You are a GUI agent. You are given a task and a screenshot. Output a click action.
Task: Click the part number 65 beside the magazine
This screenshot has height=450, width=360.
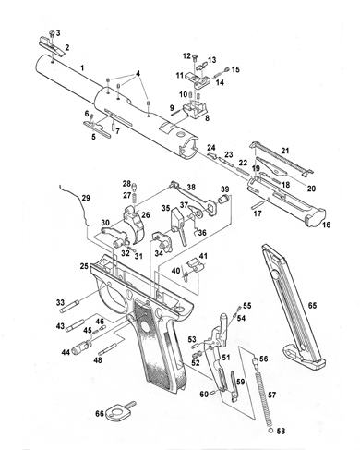pyautogui.click(x=312, y=305)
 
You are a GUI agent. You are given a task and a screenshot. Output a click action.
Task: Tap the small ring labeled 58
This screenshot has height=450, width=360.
pyautogui.click(x=270, y=431)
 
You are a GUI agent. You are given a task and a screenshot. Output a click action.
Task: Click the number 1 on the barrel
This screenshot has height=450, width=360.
pyautogui.click(x=82, y=67)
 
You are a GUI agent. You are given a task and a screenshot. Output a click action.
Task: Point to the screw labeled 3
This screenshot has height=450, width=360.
pyautogui.click(x=52, y=33)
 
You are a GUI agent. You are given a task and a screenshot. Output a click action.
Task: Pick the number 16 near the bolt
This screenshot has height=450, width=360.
pyautogui.click(x=326, y=225)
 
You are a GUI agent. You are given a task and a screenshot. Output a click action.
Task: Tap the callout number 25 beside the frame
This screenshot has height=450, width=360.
pyautogui.click(x=85, y=266)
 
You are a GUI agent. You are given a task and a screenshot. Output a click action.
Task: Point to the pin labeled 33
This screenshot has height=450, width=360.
pyautogui.click(x=71, y=305)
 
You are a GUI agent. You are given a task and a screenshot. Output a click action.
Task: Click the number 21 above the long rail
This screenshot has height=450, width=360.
pyautogui.click(x=285, y=151)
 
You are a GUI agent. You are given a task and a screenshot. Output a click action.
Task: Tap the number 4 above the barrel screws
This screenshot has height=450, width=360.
pyautogui.click(x=138, y=73)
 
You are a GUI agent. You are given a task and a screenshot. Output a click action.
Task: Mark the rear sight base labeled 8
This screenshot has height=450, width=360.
pyautogui.click(x=195, y=110)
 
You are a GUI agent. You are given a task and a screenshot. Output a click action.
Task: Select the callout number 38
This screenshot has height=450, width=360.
pyautogui.click(x=191, y=187)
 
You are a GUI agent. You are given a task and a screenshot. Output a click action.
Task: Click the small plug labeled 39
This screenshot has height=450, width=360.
pyautogui.click(x=223, y=199)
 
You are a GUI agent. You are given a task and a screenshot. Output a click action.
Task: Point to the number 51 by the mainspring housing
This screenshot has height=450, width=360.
pyautogui.click(x=226, y=357)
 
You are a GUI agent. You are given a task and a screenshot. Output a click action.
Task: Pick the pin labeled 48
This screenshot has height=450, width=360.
pyautogui.click(x=107, y=350)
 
